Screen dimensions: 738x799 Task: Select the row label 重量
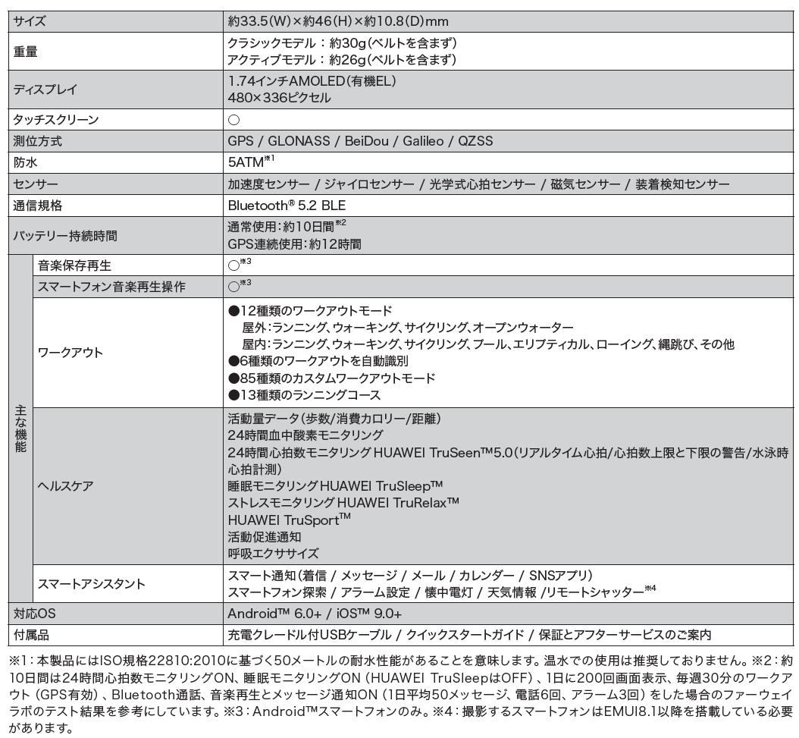click(x=27, y=52)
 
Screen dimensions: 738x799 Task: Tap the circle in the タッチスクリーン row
click(x=234, y=120)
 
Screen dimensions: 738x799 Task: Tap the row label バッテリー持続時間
click(x=65, y=235)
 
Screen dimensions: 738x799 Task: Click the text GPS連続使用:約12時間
click(x=294, y=244)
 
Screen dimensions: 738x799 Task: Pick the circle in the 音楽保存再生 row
click(x=233, y=265)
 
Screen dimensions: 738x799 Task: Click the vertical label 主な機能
click(x=20, y=429)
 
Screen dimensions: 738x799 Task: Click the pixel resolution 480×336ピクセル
click(x=279, y=98)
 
